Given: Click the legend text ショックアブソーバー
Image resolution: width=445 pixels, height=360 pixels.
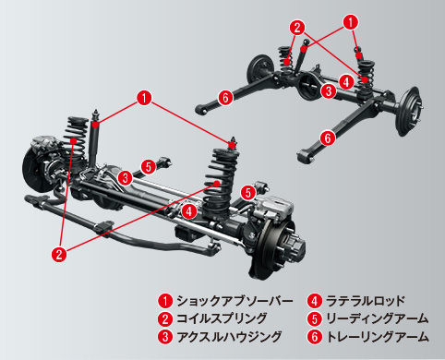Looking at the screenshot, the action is pos(235,301).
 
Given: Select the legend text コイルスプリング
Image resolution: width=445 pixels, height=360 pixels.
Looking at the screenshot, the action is pos(222,318).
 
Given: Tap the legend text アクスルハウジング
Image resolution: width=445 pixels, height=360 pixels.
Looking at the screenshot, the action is pos(229,336).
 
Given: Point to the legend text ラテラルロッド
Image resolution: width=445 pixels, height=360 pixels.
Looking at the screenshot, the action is pos(366,301).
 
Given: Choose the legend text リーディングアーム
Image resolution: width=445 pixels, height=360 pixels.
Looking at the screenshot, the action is pos(377,318).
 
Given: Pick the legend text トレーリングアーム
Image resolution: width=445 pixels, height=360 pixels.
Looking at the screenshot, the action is pos(378,336).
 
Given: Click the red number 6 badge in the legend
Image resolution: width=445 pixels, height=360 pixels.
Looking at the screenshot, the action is pos(315,337).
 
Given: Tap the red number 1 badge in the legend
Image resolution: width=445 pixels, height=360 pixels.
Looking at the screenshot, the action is pos(165,301).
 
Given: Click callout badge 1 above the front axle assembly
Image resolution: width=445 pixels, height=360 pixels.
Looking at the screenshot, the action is pos(144,98).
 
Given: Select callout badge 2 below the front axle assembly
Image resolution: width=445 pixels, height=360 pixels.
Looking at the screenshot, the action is pos(59,254).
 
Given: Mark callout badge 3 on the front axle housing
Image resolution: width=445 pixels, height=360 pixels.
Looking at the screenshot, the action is pos(125,178).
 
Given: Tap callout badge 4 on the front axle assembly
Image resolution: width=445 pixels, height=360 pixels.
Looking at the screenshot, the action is pos(189,211).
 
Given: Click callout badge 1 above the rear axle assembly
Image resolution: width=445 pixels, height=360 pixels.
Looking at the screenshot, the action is pos(351,22).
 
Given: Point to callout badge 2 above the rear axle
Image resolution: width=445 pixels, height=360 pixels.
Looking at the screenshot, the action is pos(297,28).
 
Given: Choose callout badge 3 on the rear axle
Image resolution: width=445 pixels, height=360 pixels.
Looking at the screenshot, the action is pos(329,91).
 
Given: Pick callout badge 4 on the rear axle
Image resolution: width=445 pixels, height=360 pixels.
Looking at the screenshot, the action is pos(346,82).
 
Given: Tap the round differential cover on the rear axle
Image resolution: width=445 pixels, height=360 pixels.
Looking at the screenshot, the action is pos(308,86).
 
